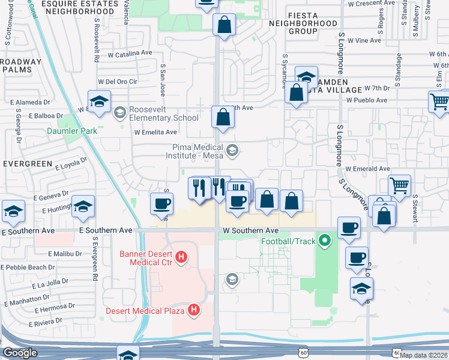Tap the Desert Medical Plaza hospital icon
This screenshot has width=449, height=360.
tap(193, 310)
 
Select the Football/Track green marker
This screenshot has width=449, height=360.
tap(325, 242)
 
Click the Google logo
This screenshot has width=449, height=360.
tap(20, 353)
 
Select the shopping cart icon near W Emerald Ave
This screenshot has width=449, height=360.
tap(399, 185)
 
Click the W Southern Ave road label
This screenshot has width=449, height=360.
tap(250, 230)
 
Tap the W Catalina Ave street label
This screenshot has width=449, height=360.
tap(130, 53)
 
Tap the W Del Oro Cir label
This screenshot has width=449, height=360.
tap(118, 82)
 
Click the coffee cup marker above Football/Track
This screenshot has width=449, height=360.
tap(349, 227)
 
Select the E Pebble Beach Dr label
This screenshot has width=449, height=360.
tap(29, 267)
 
